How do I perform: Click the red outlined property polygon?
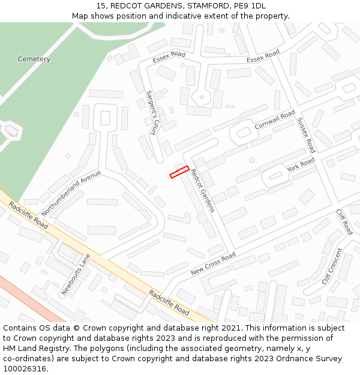179,172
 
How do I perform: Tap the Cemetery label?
34,59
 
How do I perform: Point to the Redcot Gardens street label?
202,190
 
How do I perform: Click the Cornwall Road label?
275,119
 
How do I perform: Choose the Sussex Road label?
306,135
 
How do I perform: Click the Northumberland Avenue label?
71,194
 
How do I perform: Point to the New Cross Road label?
213,264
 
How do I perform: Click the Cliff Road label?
344,221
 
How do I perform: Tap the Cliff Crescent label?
332,266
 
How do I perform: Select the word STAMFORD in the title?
208,6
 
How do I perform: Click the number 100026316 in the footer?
25,369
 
